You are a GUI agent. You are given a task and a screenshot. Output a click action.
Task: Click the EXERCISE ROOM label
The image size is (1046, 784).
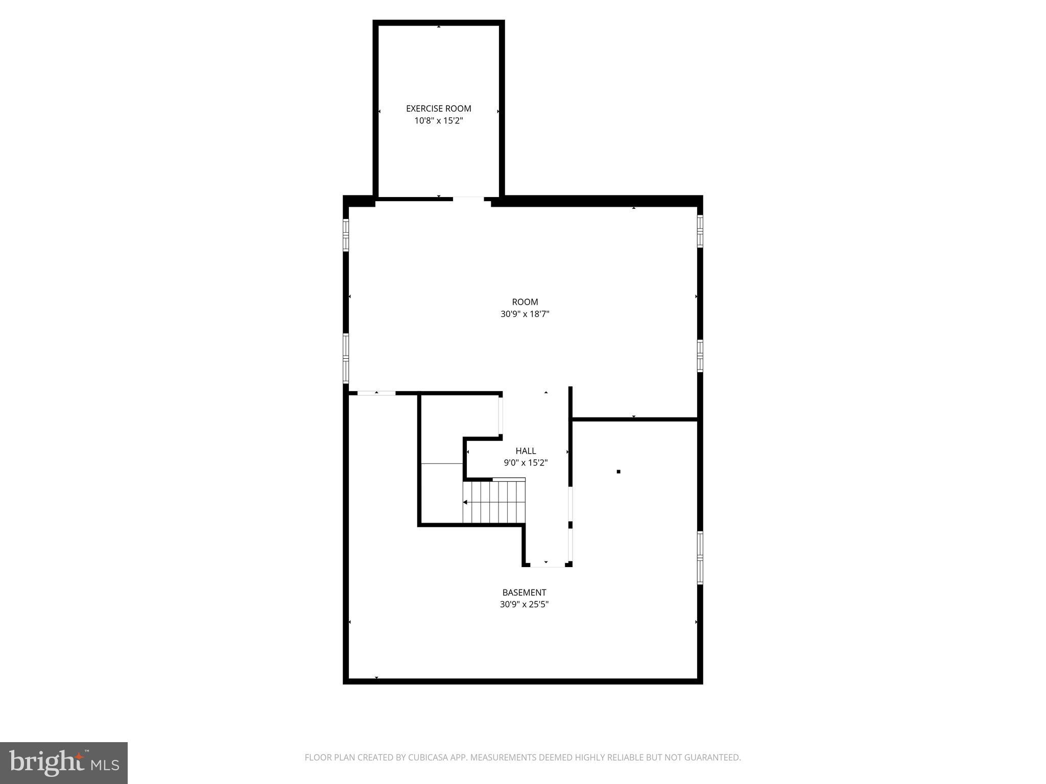pos(438,108)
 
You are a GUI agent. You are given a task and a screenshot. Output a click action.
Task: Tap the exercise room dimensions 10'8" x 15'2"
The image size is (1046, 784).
pos(438,121)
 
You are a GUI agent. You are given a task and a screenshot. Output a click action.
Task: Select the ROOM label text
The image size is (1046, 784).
pos(525,302)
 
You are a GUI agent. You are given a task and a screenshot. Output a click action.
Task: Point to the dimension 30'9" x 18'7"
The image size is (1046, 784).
pos(525,314)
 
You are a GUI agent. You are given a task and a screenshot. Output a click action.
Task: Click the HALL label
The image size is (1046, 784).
pos(526,451)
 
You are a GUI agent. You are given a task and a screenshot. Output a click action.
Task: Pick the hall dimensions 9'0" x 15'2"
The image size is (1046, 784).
pos(526,463)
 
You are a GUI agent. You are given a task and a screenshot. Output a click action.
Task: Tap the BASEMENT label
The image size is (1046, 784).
pos(524,593)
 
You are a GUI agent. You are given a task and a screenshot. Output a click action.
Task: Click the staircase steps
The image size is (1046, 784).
pos(494,502)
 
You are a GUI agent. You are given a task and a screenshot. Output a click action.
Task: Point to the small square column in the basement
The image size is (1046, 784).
pos(618,472)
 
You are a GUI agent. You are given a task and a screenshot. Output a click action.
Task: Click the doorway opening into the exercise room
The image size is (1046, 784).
pos(468,199)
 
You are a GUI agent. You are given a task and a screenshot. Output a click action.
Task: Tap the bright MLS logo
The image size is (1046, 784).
pos(64,763)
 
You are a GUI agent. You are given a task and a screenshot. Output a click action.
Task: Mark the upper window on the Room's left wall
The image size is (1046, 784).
pos(346,235)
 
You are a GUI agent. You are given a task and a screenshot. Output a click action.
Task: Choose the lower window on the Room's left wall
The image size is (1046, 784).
pos(346,358)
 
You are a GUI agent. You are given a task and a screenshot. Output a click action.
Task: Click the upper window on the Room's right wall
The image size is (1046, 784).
pos(700,231)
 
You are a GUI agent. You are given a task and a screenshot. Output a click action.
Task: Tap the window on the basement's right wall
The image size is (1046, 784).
pos(700,558)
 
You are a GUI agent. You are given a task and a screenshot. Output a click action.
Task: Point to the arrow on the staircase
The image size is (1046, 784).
pos(466,502)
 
